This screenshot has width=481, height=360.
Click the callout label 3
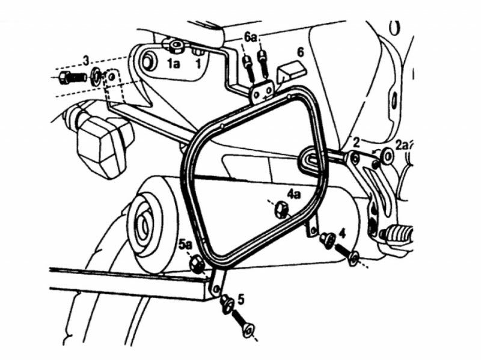coord(86,60)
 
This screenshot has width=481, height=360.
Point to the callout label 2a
coord(402,144)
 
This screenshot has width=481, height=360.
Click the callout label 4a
coord(293,194)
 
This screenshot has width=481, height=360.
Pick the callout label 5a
coord(185,244)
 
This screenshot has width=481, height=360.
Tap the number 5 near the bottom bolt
coord(240,297)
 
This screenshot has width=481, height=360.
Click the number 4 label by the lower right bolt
coord(342,231)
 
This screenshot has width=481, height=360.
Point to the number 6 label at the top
coord(299,52)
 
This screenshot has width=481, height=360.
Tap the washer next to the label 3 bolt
coord(96,76)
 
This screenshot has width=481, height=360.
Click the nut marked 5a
coord(196,263)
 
